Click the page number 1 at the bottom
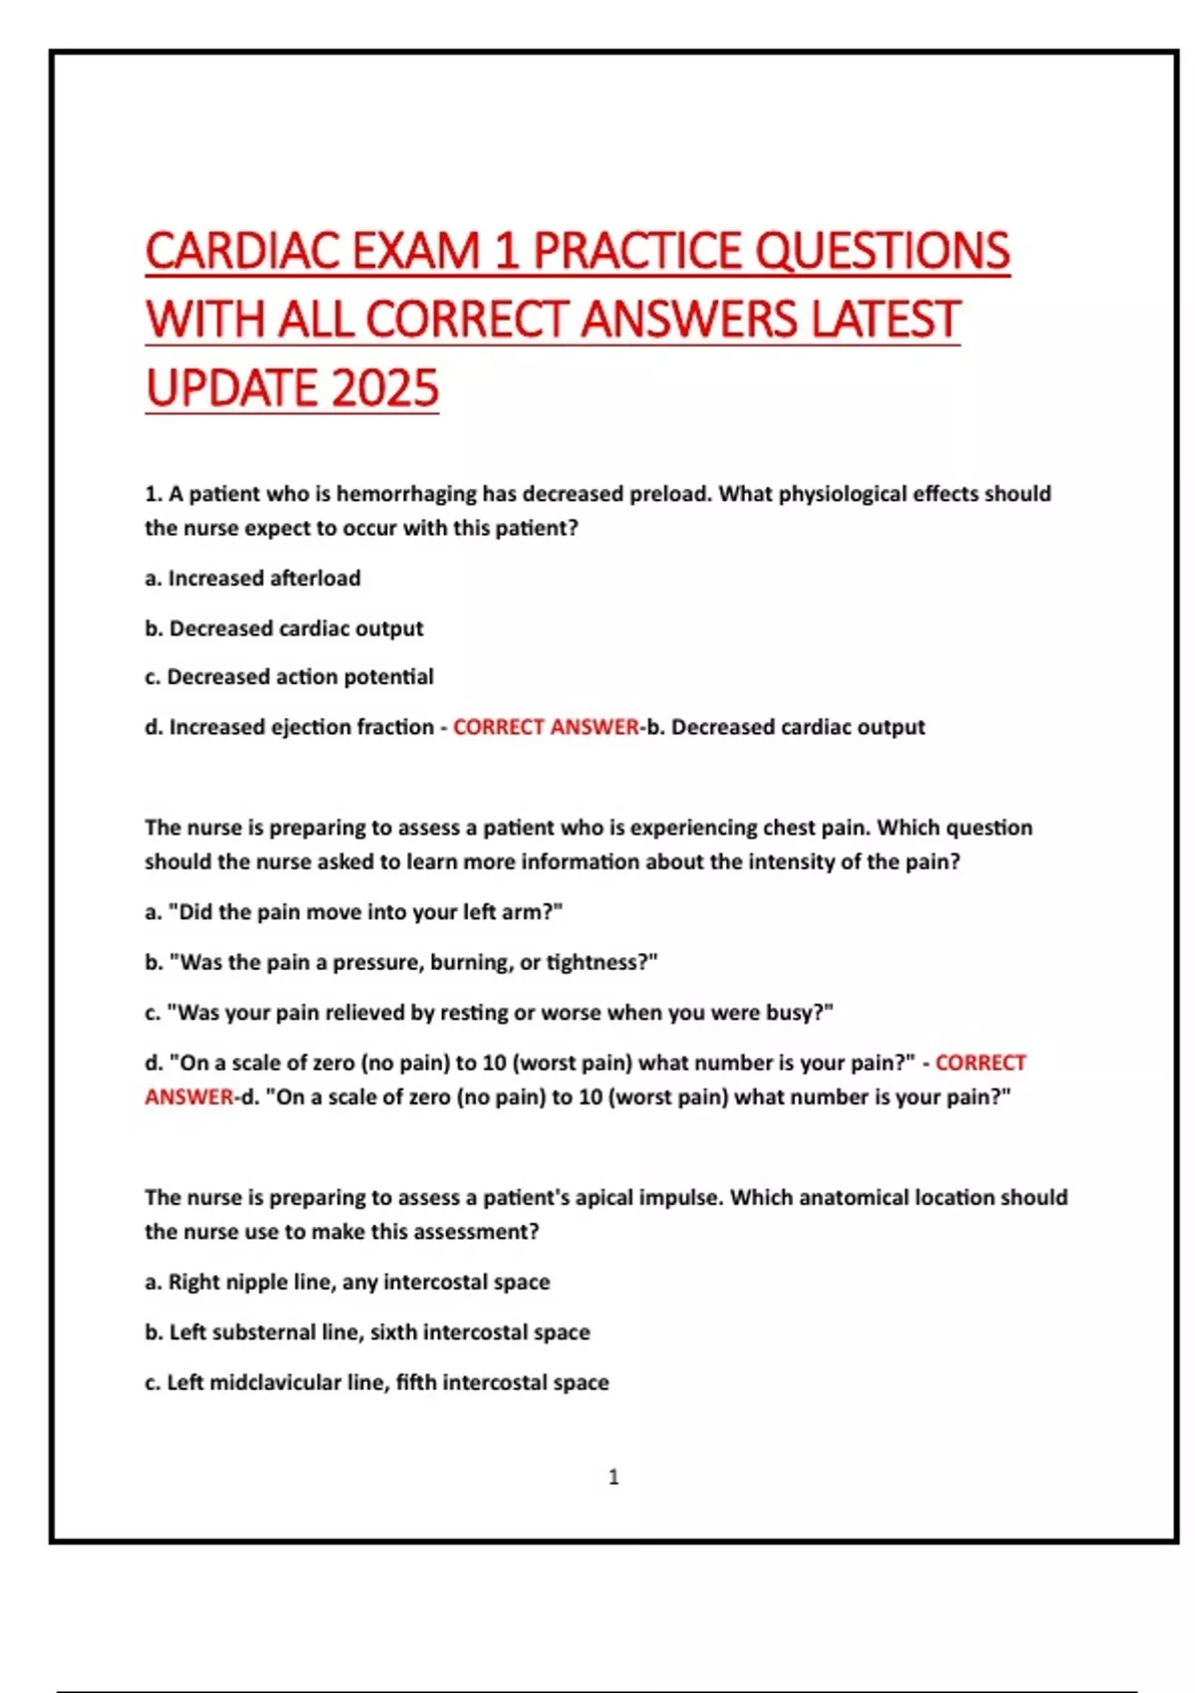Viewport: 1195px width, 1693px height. click(613, 1477)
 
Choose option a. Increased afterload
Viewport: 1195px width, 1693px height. click(253, 579)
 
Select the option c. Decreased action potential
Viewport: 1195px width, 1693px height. click(289, 677)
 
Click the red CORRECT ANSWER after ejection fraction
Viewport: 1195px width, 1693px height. click(546, 727)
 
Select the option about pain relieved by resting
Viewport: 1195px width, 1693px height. click(488, 1013)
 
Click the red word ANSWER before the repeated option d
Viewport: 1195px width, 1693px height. click(188, 1097)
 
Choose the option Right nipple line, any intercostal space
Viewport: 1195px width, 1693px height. click(348, 1282)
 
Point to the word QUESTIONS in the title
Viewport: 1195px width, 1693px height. click(883, 251)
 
